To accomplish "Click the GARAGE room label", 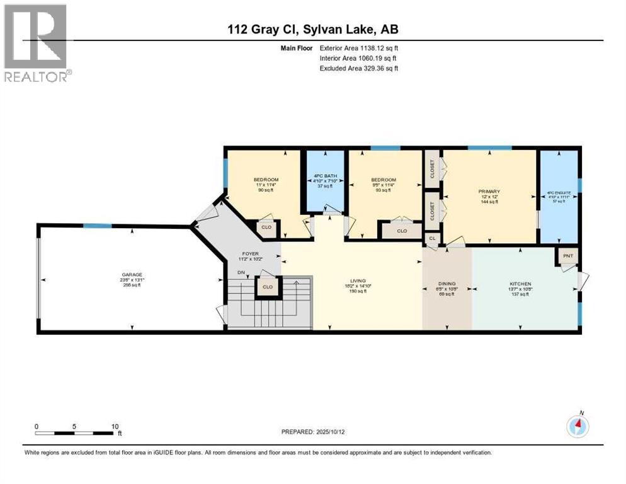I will point(132,275).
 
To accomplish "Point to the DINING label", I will point(447,284).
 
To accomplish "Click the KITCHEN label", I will point(520,284).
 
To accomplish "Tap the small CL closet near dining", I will point(432,238).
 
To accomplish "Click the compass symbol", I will point(577,427).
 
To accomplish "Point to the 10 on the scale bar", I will point(115,426).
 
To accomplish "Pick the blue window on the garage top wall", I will point(98,226).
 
